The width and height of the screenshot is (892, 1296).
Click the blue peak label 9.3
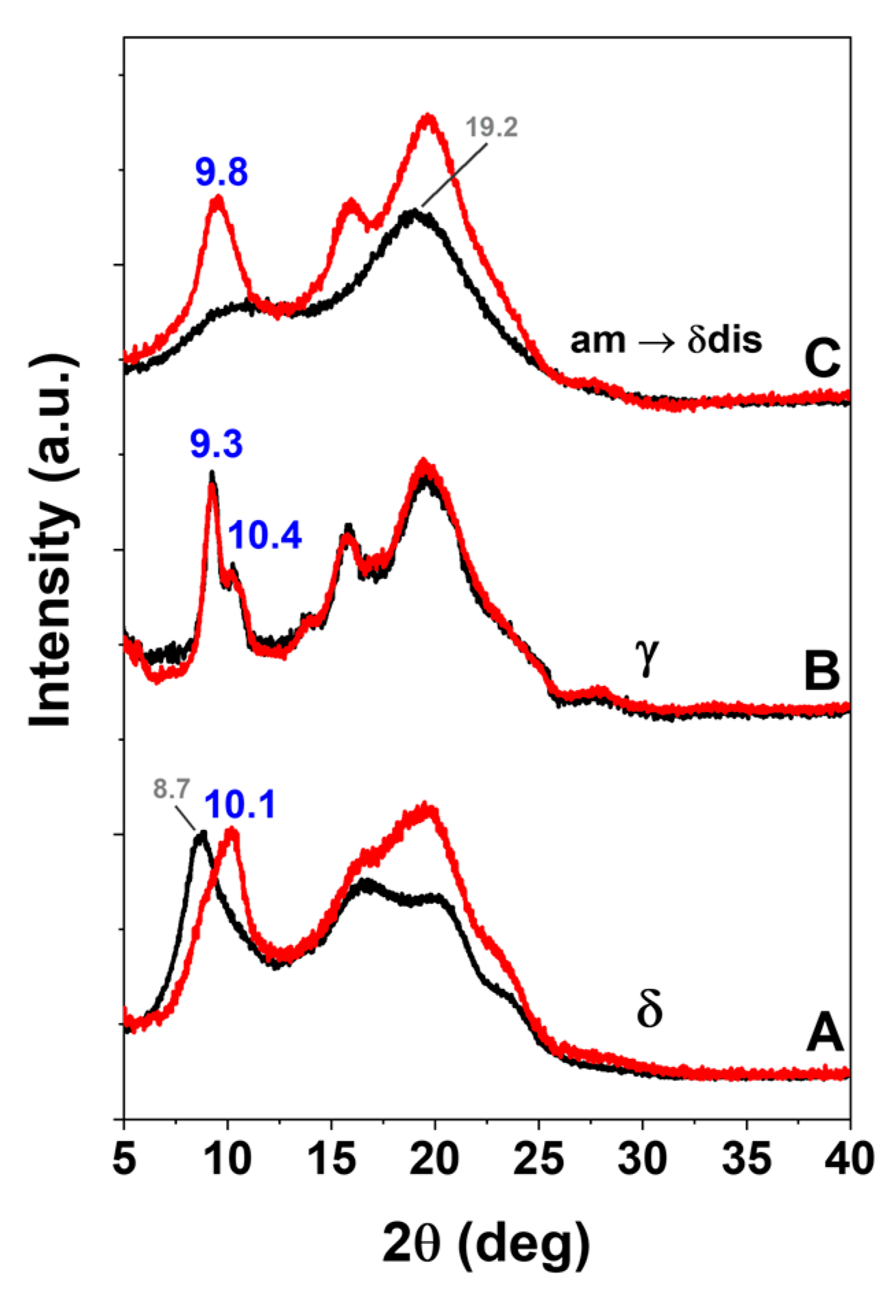216,445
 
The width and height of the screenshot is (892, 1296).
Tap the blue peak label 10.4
265,535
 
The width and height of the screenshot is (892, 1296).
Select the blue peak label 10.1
240,805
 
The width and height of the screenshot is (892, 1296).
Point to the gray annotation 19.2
491,127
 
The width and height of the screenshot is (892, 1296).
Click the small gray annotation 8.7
171,789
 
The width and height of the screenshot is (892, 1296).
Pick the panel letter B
821,671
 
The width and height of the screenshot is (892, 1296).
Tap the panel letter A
824,1034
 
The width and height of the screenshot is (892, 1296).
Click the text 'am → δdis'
666,341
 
